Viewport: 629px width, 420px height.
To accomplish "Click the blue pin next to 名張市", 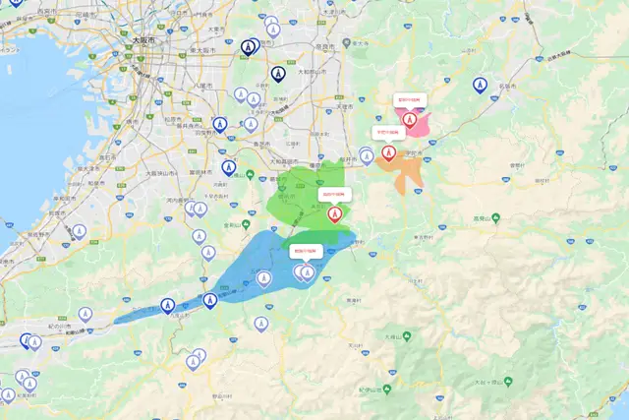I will pos(480,86).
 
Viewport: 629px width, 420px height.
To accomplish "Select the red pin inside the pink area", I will pos(409,120).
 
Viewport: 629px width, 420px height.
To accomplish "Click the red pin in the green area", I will pos(335,212).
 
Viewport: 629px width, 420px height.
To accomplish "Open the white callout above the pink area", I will pos(408,100).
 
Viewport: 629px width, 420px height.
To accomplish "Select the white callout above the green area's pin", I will pos(335,194).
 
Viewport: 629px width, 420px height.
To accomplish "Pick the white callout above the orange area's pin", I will pos(387,132).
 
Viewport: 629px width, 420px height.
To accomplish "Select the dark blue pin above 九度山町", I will pos(209,299).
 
